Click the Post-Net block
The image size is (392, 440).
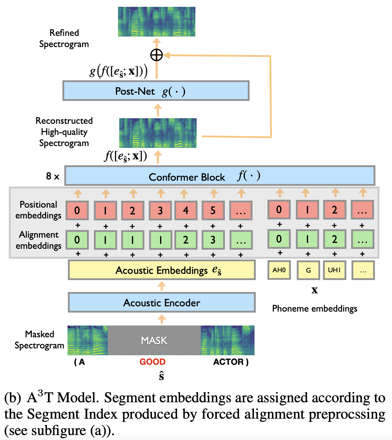click(156, 91)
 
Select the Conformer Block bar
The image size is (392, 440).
click(220, 176)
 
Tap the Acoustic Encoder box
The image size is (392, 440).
click(162, 303)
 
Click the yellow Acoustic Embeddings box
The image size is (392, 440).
click(162, 270)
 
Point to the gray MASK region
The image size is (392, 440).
click(154, 340)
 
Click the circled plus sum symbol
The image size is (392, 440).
click(156, 55)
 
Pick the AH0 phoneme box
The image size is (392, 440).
click(279, 270)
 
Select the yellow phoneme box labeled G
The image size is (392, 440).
click(308, 270)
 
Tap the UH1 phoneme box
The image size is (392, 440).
click(334, 270)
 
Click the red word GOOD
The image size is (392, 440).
click(152, 362)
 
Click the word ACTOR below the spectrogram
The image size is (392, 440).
click(228, 362)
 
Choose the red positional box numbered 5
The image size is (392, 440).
click(213, 210)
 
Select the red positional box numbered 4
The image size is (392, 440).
click(185, 210)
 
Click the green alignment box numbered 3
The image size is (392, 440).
click(213, 240)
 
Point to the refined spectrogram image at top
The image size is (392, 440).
click(156, 22)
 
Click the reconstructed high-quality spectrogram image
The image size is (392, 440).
click(158, 133)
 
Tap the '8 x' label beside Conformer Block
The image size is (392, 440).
click(53, 176)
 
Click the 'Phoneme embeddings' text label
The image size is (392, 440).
click(315, 308)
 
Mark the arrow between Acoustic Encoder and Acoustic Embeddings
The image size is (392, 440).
click(162, 286)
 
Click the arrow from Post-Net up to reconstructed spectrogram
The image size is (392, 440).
click(158, 110)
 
